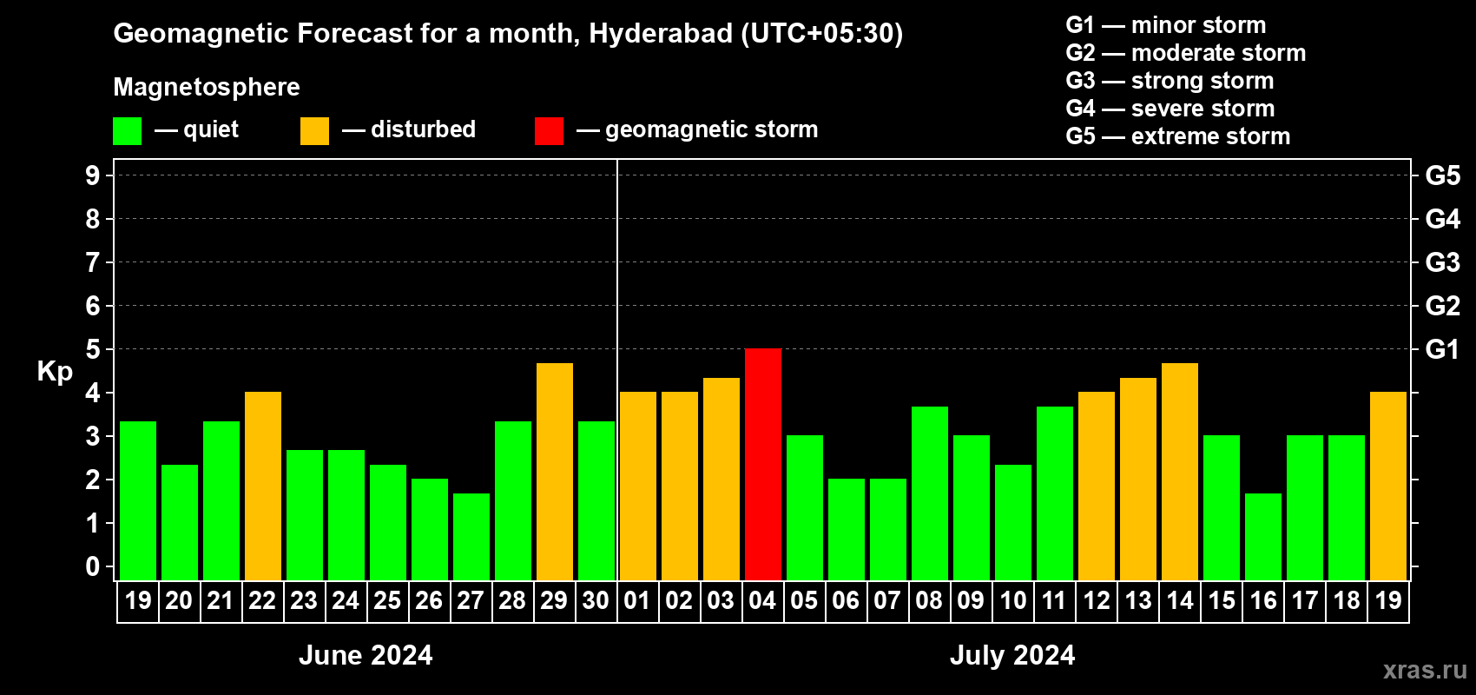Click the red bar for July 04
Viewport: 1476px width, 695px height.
pos(763,464)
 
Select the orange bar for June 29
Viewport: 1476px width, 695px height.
pos(555,472)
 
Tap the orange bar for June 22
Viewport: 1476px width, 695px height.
pos(263,486)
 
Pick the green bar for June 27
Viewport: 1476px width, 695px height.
pos(471,537)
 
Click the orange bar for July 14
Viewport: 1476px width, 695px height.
pos(1180,472)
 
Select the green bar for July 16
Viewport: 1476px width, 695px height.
pos(1263,537)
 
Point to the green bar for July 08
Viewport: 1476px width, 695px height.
pos(930,493)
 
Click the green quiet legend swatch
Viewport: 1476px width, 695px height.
pos(128,131)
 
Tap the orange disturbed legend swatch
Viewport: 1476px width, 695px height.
pos(314,131)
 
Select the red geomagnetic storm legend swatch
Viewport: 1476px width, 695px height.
pos(549,131)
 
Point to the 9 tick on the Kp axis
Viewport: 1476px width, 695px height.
pos(93,175)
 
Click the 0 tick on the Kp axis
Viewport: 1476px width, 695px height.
pos(93,566)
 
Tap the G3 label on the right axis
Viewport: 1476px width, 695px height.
pos(1442,262)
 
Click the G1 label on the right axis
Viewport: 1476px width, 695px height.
pos(1442,349)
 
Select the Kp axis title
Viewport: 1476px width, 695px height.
pos(55,371)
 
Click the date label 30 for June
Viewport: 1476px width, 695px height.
pos(596,600)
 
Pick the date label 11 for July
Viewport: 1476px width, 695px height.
pos(1054,600)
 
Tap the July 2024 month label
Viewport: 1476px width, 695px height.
pos(1012,655)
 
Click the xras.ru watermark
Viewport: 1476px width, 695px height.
pos(1425,670)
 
